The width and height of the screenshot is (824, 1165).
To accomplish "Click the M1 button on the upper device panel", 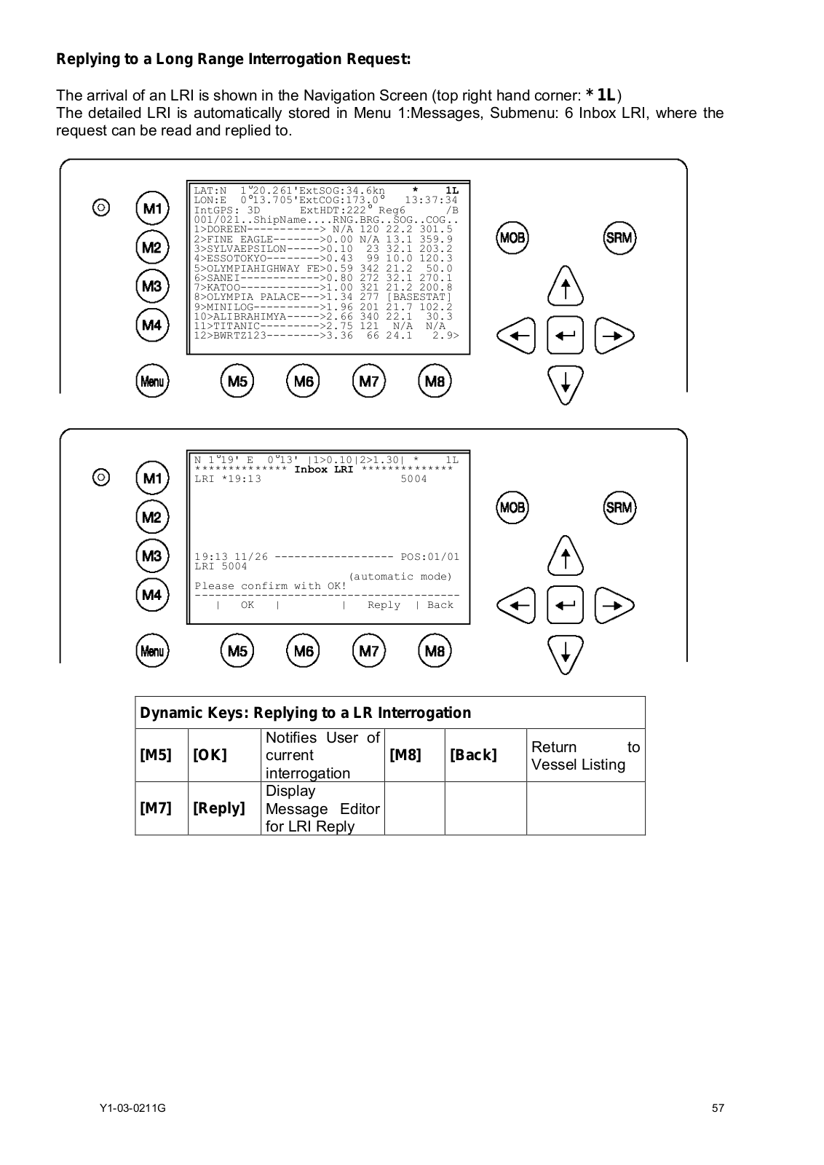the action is [152, 208].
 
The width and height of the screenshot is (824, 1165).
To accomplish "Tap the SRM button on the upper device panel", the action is [619, 237].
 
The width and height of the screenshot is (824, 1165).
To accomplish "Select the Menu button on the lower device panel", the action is [152, 651].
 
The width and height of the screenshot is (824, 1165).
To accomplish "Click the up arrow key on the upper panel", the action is [565, 285].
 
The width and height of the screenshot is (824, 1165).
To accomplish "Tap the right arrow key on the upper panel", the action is [614, 336].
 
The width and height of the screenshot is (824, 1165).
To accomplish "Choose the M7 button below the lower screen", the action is [369, 651].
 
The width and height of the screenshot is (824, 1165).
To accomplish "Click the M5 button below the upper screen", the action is [237, 381].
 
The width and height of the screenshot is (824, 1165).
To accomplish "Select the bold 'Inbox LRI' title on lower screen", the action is [323, 470].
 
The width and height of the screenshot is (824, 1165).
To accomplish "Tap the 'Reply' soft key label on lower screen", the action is [384, 605].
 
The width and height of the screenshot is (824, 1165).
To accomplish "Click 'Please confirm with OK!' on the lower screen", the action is [270, 586].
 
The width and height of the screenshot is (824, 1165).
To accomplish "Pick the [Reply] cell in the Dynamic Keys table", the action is [218, 808].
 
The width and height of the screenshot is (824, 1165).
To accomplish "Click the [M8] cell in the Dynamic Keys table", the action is [405, 755].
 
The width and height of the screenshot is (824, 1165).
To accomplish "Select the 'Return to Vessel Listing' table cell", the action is [585, 756].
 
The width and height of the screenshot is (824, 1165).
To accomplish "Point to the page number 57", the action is [718, 1108].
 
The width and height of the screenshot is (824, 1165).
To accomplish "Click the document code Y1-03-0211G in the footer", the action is [132, 1108].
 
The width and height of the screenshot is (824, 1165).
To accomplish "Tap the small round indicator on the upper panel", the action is [101, 208].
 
